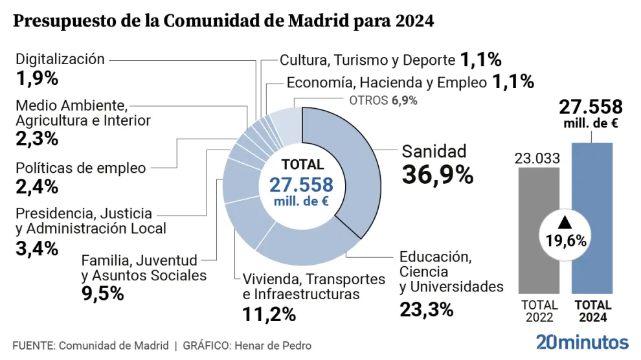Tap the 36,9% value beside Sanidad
pos(438,174)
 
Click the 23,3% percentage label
pos(426,309)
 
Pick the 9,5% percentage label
pos(102,293)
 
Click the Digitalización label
pos(60,59)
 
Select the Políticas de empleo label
pos(81,168)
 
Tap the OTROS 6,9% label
pos(383,100)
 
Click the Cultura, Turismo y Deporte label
pos(368,60)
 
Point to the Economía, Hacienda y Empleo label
pos(387,82)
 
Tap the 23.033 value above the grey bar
pos(537,158)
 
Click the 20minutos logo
pos(582,343)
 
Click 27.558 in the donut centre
pos(301,185)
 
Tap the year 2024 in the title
pos(413,21)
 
